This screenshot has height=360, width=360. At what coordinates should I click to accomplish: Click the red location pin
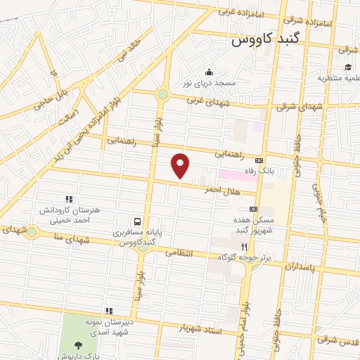point(181,165)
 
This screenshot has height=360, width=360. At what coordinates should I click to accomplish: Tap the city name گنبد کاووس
point(266,41)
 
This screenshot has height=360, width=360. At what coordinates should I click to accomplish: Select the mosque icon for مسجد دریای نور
point(208,72)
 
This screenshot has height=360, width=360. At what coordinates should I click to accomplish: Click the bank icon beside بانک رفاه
point(259,160)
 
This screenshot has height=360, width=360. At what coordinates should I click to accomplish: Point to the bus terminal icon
point(138,219)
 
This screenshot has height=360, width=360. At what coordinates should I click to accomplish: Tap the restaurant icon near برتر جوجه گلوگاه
point(244,247)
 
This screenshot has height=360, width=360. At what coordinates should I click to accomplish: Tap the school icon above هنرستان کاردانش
point(69,199)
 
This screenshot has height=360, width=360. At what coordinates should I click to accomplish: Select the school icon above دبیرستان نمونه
point(109,310)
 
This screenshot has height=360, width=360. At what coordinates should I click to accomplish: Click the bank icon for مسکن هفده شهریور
point(253,209)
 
